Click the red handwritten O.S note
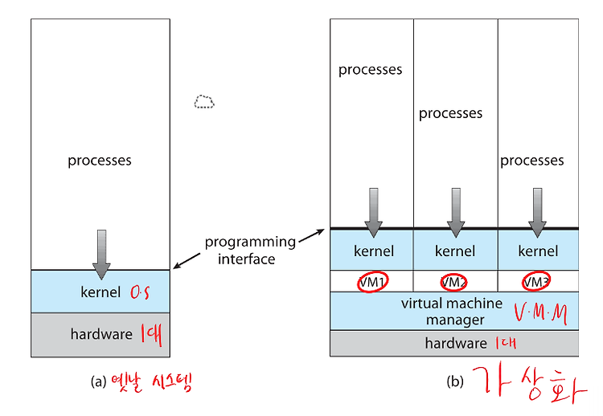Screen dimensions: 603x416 tap(140, 292)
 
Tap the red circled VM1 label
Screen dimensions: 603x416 tap(372, 282)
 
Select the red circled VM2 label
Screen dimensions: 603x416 tap(453, 283)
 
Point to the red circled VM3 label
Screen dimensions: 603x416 tap(535, 282)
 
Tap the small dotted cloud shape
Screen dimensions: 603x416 tap(204, 102)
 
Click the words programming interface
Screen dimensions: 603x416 tap(250, 250)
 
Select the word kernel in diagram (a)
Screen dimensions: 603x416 tap(100, 292)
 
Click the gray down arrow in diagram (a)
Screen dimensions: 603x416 tap(101, 255)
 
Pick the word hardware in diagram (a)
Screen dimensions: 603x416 tap(101, 334)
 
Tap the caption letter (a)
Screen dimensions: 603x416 tap(98, 381)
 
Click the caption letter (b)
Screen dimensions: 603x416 tap(455, 381)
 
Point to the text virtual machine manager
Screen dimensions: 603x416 tap(452, 312)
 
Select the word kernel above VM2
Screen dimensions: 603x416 tap(455, 251)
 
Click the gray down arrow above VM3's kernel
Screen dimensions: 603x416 tap(538, 213)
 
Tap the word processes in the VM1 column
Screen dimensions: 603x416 tap(371, 70)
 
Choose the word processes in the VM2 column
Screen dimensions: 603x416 tap(451, 114)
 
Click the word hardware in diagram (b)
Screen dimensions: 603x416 tap(456, 343)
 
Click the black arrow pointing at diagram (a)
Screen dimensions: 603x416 tap(187, 261)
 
